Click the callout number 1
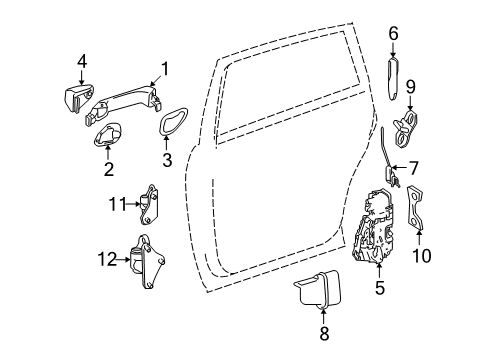point(164,69)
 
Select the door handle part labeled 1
point(124,104)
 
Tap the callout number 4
point(82,62)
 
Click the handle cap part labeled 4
point(78,97)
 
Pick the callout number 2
point(109,169)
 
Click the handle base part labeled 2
point(107,135)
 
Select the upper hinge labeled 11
point(149,205)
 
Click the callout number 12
point(107,259)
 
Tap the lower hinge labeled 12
point(148,262)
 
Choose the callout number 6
point(394,34)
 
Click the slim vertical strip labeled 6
point(393,79)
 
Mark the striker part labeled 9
point(407,129)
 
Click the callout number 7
point(413,168)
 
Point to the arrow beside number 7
point(400,167)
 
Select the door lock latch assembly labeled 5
point(373,226)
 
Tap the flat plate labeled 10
point(415,208)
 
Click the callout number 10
point(422,256)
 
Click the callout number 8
point(324,333)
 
